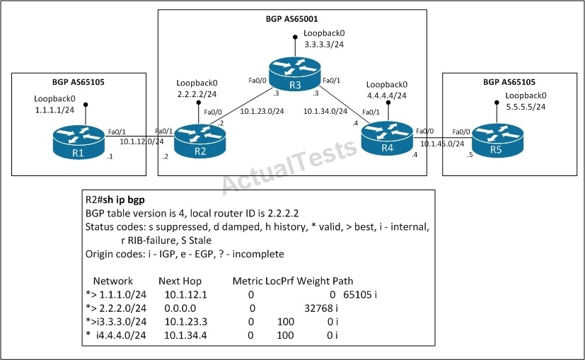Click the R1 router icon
(x=79, y=142)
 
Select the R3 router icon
(x=295, y=74)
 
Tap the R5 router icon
(x=498, y=140)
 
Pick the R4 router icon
(x=387, y=139)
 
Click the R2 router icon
(x=200, y=141)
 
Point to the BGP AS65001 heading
(x=291, y=19)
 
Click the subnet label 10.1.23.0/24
(x=262, y=111)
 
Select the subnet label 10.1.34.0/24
(x=325, y=111)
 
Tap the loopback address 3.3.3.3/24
(x=324, y=45)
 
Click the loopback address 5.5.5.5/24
(x=526, y=107)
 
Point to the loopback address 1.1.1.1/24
(x=55, y=110)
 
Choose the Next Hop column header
(x=180, y=281)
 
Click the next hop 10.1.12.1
(x=186, y=295)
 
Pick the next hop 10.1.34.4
(x=185, y=335)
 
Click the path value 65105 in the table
(x=357, y=295)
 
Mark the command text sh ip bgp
(x=124, y=200)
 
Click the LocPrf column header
(x=280, y=281)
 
